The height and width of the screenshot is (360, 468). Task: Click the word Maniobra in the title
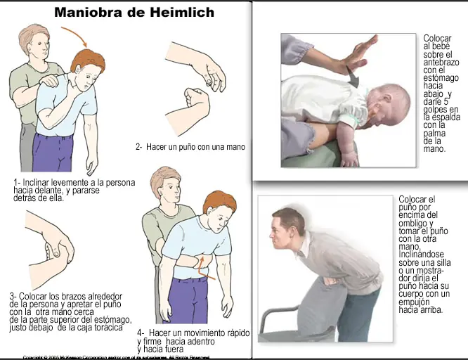pos(85,13)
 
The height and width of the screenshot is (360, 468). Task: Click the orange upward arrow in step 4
pos(203,265)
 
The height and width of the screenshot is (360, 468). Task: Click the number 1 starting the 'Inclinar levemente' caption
pos(15,183)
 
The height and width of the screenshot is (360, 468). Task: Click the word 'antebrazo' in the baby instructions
pos(441,62)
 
